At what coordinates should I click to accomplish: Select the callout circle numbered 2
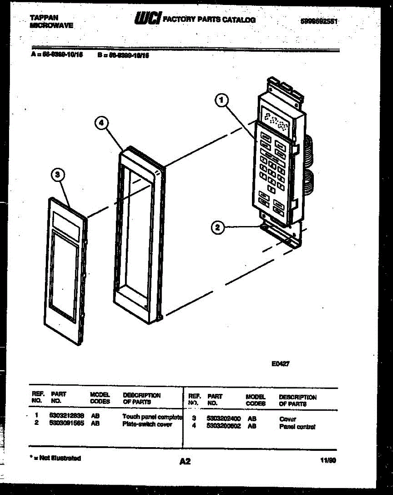click(x=218, y=226)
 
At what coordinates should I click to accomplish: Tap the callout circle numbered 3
click(x=58, y=176)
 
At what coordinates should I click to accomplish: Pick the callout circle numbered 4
click(x=101, y=123)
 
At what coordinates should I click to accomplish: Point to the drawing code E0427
click(x=280, y=364)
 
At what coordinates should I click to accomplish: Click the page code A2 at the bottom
click(x=185, y=462)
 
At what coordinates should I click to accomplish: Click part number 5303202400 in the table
click(x=224, y=419)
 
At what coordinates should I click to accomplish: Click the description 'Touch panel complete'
click(x=152, y=417)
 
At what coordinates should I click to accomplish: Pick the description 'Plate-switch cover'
click(x=147, y=424)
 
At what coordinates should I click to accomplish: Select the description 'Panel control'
click(x=297, y=427)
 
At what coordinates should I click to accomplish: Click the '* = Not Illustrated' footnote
click(x=55, y=458)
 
